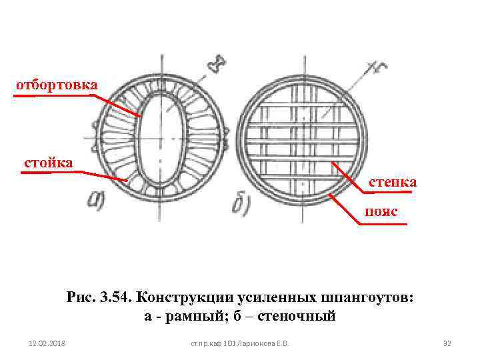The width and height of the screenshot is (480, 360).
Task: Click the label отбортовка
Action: click(x=57, y=85)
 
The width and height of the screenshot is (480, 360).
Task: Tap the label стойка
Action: click(x=48, y=162)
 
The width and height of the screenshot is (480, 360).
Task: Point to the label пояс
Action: click(x=380, y=211)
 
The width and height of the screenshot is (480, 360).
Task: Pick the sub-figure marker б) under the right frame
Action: click(x=241, y=204)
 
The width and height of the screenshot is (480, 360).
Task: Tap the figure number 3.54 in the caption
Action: click(x=113, y=297)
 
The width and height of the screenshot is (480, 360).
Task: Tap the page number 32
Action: click(x=447, y=343)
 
